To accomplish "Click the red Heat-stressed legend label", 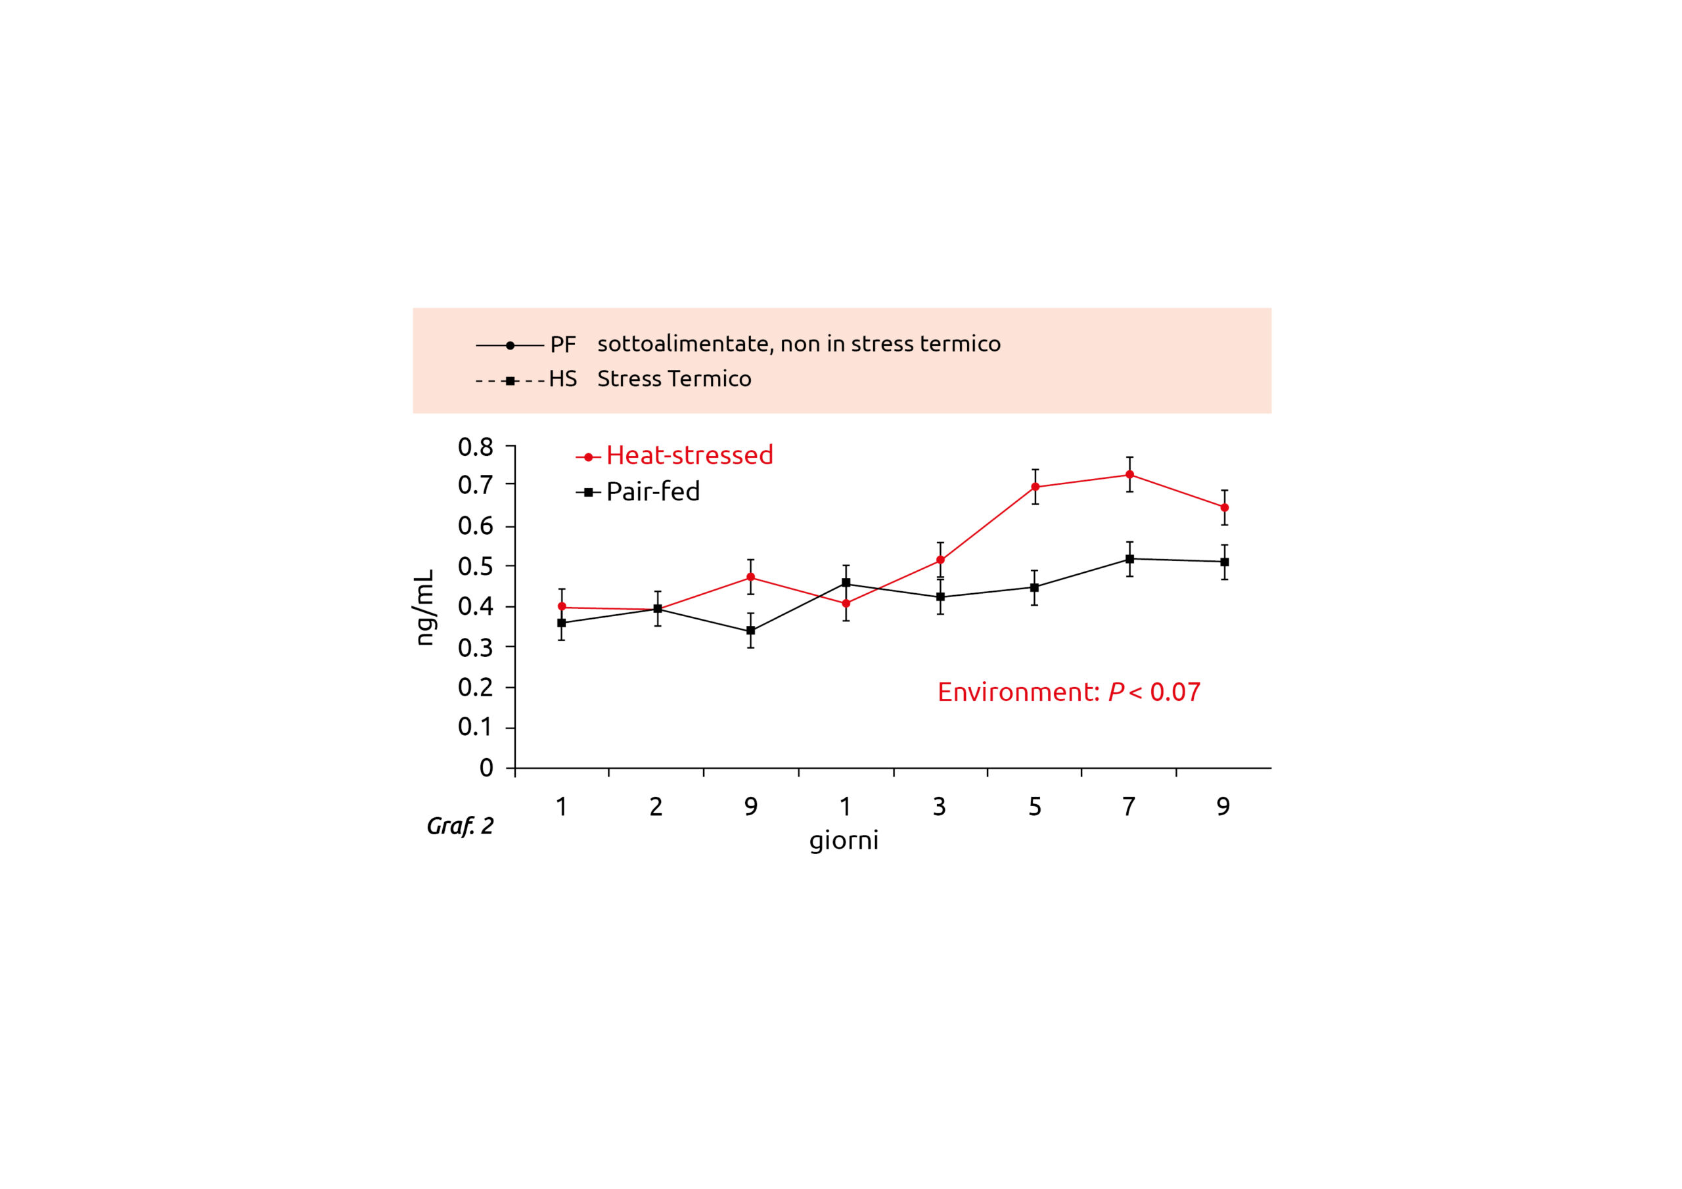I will pyautogui.click(x=689, y=455).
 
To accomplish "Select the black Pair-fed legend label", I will pyautogui.click(x=652, y=491).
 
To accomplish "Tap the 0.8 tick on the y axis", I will pyautogui.click(x=476, y=446).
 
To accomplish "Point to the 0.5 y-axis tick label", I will pyautogui.click(x=476, y=566).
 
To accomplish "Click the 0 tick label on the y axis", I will pyautogui.click(x=486, y=768).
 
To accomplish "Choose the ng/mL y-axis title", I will pyautogui.click(x=424, y=608).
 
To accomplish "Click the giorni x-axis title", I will pyautogui.click(x=843, y=840).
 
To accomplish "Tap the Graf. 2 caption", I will pyautogui.click(x=460, y=826).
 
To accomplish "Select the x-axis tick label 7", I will pyautogui.click(x=1129, y=807).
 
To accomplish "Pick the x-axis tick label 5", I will pyautogui.click(x=1034, y=807).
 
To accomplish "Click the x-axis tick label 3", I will pyautogui.click(x=939, y=807).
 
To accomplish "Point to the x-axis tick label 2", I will pyautogui.click(x=656, y=807).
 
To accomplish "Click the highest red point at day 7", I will pyautogui.click(x=1129, y=475).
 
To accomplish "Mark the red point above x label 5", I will pyautogui.click(x=1035, y=487).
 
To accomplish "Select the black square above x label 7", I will pyautogui.click(x=1129, y=559).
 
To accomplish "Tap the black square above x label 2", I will pyautogui.click(x=658, y=609).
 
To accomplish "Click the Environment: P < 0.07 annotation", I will pyautogui.click(x=1069, y=692).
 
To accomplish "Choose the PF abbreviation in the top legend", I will pyautogui.click(x=562, y=344).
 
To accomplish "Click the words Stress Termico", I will pyautogui.click(x=674, y=379).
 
